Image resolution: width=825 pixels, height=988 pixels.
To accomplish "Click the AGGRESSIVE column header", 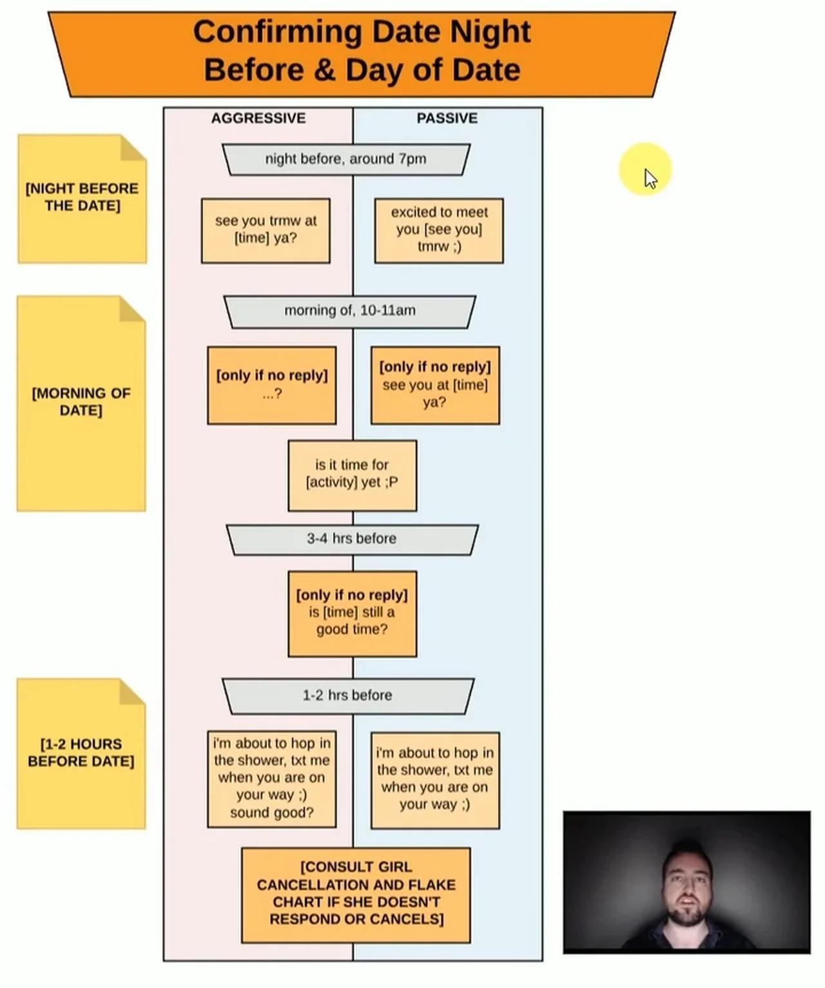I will (258, 118).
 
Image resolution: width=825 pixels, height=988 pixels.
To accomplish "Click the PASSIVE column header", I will (447, 118).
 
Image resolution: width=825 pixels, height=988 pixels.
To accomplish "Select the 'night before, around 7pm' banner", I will (346, 159).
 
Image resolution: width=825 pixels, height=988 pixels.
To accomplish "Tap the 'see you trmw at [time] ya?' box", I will (266, 230).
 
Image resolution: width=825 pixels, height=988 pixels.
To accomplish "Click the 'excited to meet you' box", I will (439, 230).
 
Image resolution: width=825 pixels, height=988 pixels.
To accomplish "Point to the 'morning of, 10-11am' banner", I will (349, 311).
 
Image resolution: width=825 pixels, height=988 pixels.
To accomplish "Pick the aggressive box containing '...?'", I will (271, 385).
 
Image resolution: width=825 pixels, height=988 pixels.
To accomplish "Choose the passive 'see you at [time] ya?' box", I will (435, 385).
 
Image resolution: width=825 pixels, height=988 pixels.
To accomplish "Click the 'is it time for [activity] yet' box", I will (352, 475).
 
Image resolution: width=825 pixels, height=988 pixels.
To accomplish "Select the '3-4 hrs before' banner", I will (352, 539).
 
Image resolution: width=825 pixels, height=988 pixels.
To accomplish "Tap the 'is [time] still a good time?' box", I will (352, 613).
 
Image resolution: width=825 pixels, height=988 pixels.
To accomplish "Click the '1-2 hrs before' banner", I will (348, 695).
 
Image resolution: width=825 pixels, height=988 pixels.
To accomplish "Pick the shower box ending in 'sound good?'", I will (271, 779).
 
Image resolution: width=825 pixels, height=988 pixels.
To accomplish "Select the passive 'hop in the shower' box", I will (435, 779).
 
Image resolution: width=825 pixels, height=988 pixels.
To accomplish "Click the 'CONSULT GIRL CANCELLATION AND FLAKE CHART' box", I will (356, 894).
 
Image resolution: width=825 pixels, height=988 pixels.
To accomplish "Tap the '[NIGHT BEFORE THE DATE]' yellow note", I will (82, 199).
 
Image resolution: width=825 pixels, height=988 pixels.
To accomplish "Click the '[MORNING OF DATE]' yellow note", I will (81, 403).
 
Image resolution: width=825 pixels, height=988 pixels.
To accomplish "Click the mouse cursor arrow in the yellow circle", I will (650, 177).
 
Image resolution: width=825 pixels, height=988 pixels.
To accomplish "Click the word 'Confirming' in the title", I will (277, 32).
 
